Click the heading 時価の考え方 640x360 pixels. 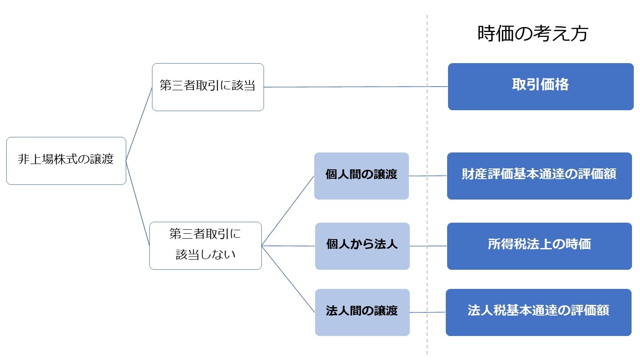532,34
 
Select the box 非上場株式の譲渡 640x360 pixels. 66,160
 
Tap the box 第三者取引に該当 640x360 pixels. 208,87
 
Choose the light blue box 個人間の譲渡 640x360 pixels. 361,176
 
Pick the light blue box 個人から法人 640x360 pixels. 362,246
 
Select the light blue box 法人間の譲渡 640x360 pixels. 362,312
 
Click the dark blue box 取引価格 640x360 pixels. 540,86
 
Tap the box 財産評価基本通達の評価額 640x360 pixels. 539,176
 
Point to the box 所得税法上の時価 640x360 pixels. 539,246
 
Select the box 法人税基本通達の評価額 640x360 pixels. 538,312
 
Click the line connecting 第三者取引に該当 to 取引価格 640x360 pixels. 356,87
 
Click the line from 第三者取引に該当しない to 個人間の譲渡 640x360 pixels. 288,210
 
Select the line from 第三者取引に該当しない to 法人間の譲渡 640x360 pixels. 288,279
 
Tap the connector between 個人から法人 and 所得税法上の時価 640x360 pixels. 428,246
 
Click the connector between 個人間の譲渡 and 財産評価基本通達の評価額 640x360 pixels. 428,176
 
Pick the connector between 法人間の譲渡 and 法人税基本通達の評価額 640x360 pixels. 428,312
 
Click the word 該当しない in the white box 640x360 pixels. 205,255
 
